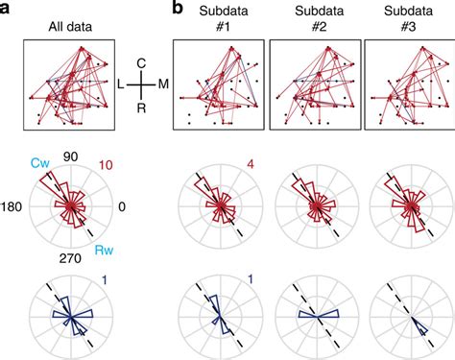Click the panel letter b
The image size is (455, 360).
coord(177,9)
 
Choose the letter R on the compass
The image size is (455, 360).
coord(141,108)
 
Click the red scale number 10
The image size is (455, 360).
coord(107,164)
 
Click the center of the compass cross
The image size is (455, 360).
coord(141,85)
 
